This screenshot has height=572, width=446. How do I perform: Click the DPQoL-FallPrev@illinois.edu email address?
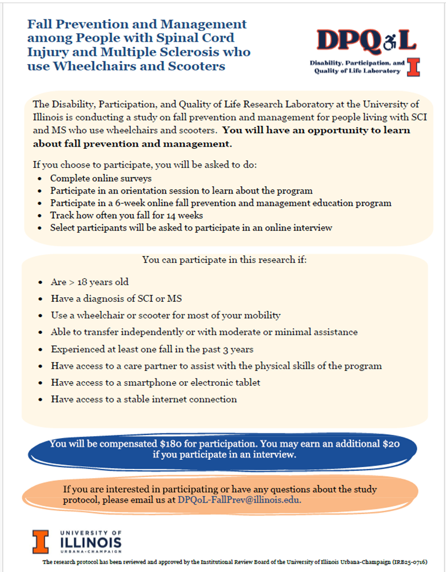pos(239,499)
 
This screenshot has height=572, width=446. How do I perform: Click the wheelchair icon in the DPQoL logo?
pos(389,40)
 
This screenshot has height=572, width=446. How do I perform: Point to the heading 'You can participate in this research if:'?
pos(225,259)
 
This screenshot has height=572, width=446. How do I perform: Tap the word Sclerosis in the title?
pos(193,52)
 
